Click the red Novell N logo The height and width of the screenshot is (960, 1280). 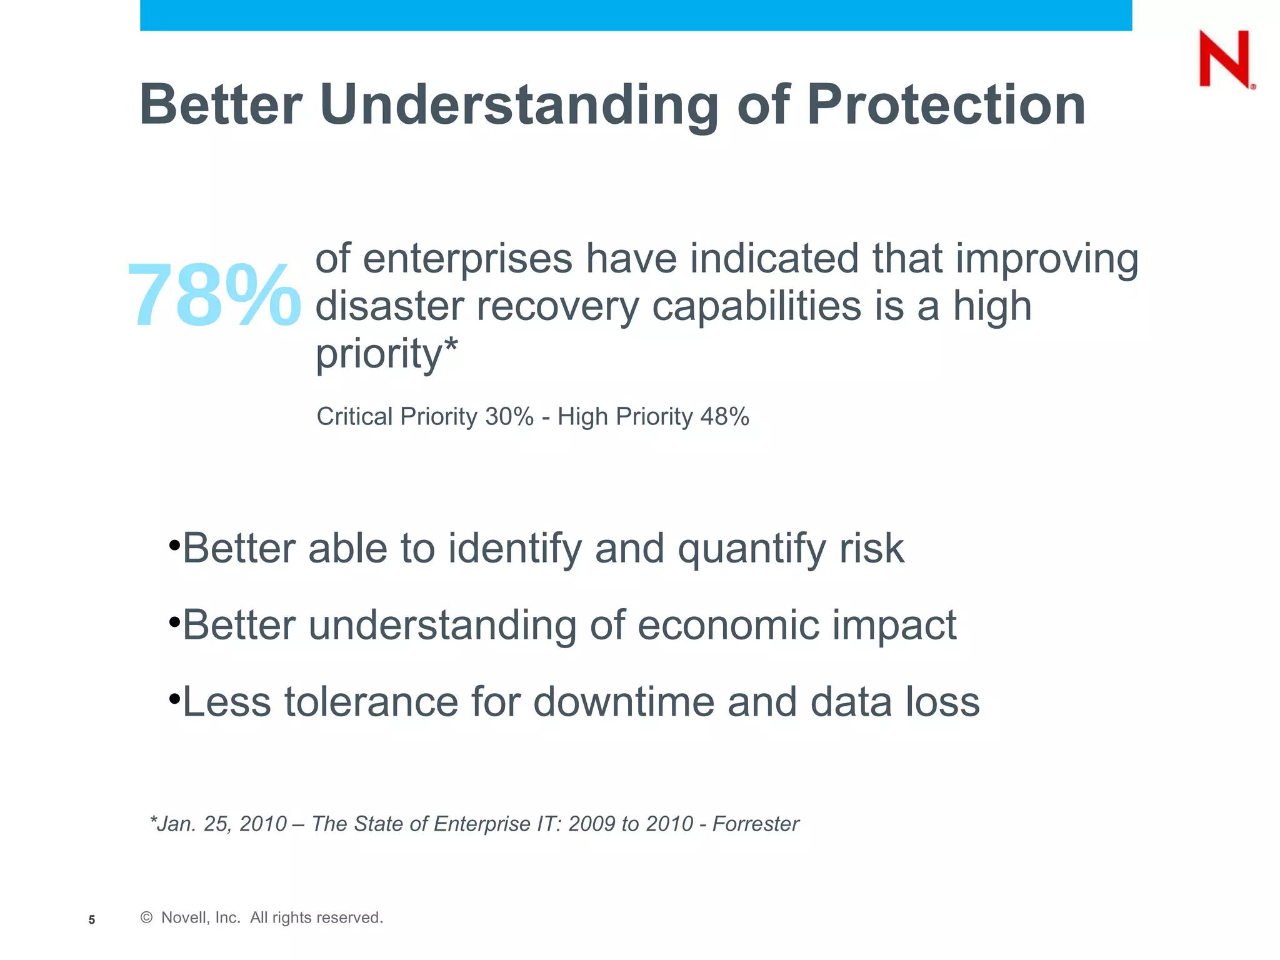point(1224,59)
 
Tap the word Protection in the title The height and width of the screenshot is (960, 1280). point(946,104)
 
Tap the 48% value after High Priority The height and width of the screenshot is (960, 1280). point(724,417)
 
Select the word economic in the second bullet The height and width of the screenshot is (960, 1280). point(727,625)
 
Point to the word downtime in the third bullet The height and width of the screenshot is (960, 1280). point(622,702)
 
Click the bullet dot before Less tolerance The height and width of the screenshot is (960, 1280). point(174,697)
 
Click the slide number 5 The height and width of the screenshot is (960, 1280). point(92,919)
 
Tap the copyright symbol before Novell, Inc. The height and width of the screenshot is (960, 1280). point(146,917)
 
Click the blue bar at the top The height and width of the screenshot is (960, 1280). point(636,15)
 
